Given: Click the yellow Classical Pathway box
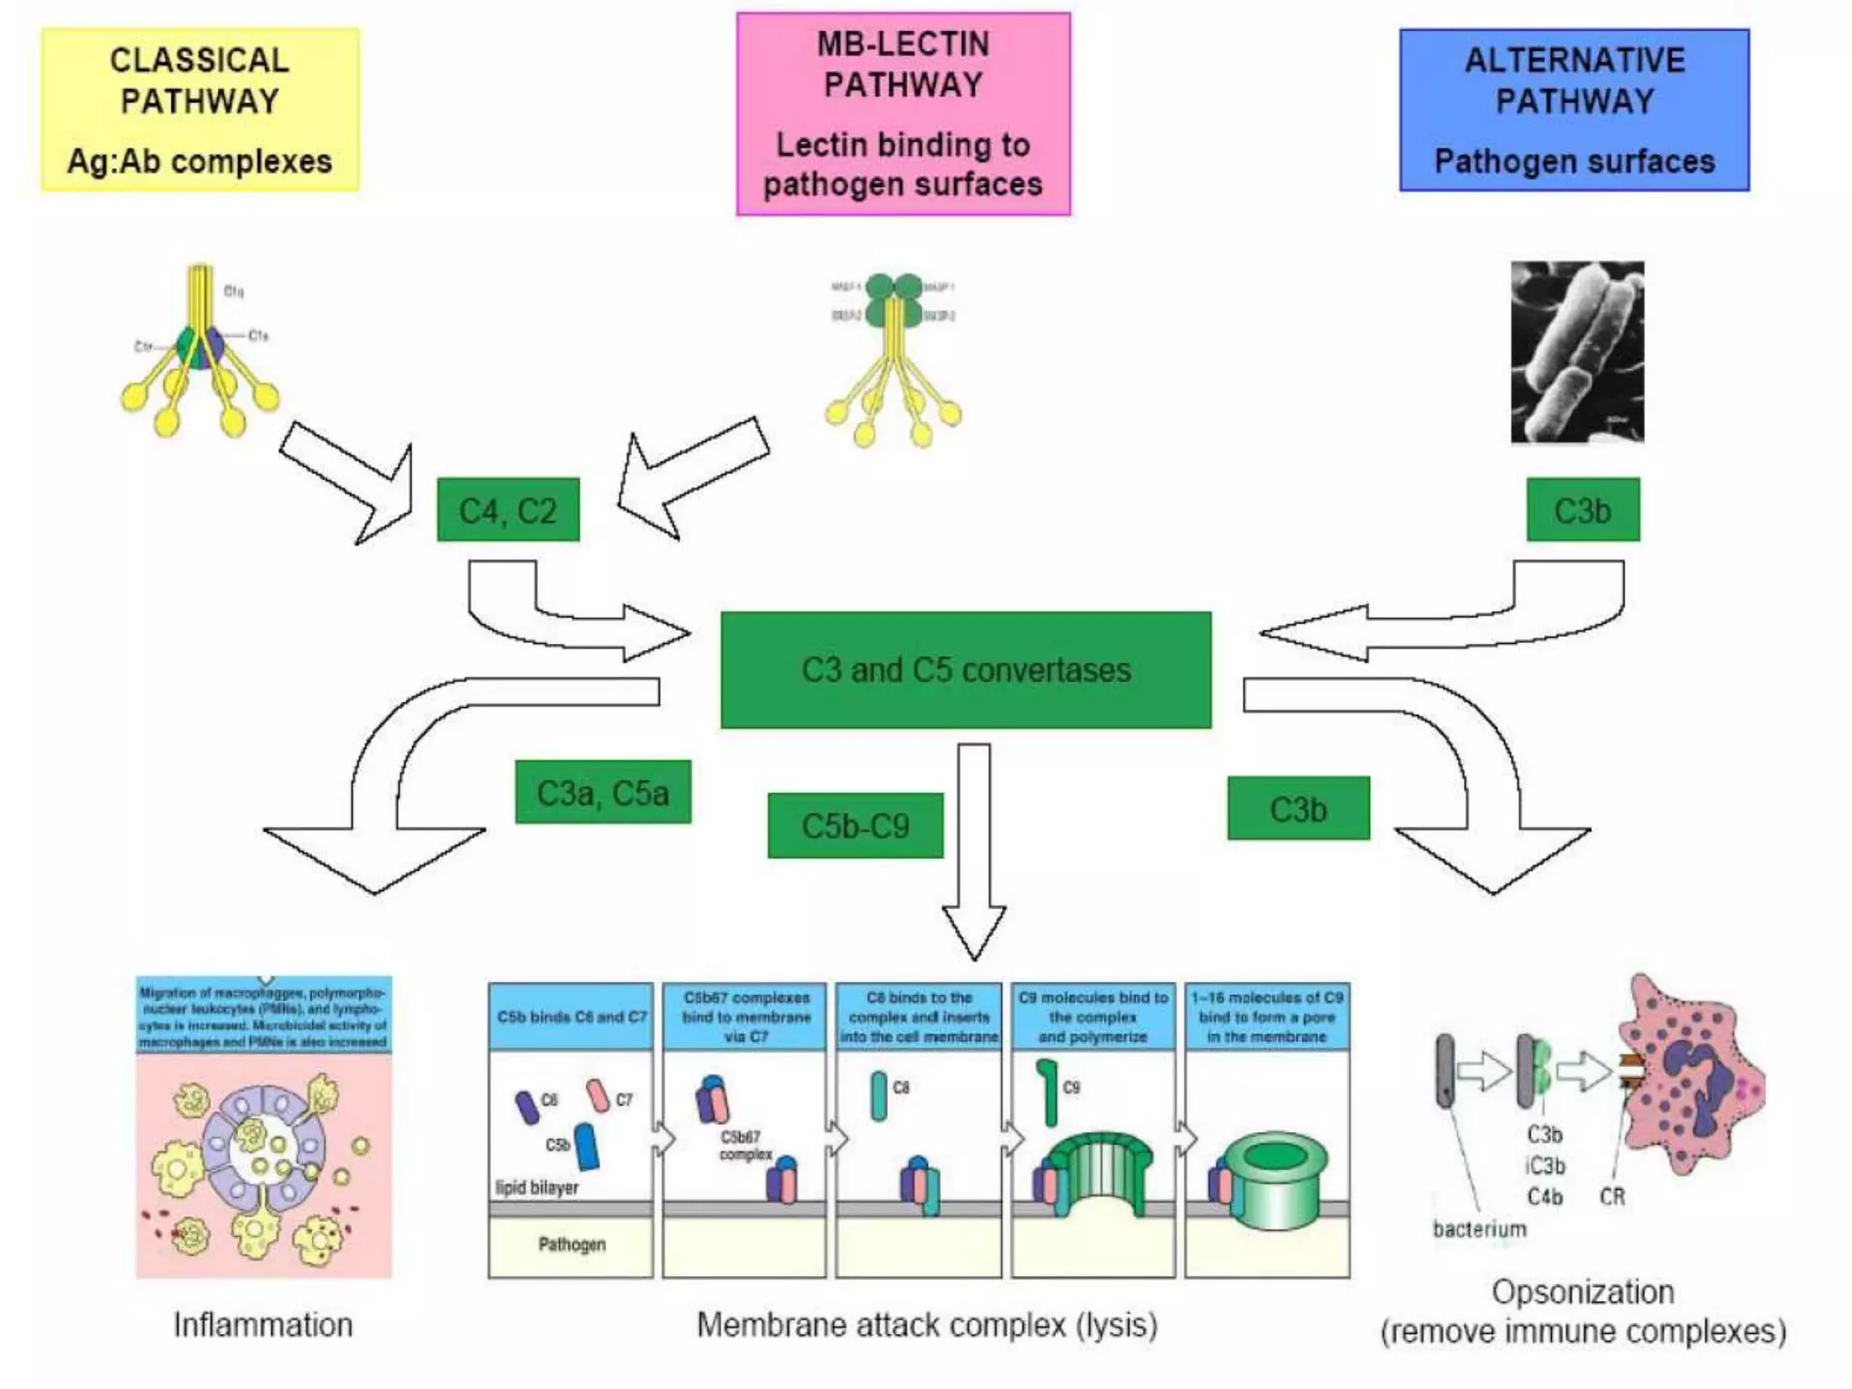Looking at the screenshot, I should [x=200, y=109].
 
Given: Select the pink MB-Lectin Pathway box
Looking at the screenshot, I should [x=902, y=114].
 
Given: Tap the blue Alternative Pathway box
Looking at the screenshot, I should [x=1573, y=109].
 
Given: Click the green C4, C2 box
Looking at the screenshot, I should [x=507, y=510].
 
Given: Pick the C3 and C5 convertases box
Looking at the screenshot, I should [x=965, y=670].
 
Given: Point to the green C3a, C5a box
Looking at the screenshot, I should [x=602, y=792].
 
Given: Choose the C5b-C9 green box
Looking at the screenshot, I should [x=855, y=826].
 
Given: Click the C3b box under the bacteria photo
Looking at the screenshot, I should [x=1583, y=510].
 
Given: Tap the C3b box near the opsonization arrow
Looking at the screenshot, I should [x=1298, y=808].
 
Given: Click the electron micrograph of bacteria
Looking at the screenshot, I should [x=1577, y=352].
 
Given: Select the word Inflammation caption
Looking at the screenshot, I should [x=263, y=1325].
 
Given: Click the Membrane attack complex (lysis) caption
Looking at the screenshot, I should [x=927, y=1325].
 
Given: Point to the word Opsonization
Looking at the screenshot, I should [x=1583, y=1291].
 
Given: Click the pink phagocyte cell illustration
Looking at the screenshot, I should [x=1691, y=1076].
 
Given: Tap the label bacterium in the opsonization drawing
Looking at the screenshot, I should [x=1479, y=1229].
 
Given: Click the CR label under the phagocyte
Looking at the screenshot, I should [x=1612, y=1197].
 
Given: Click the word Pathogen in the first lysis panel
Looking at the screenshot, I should [x=572, y=1244].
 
